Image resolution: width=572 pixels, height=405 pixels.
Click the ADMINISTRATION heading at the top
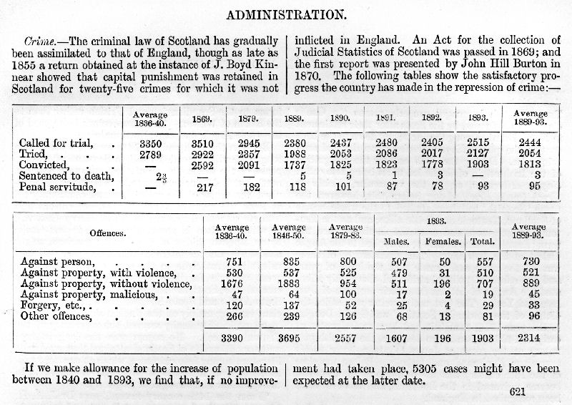285,14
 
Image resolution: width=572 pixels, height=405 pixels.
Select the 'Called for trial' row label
49,143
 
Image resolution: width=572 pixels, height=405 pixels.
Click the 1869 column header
200,118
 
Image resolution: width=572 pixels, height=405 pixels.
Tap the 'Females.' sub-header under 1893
444,242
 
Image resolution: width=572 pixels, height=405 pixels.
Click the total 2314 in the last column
529,337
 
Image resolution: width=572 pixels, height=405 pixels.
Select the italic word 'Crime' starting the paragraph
39,39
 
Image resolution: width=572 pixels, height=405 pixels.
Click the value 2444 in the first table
530,143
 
